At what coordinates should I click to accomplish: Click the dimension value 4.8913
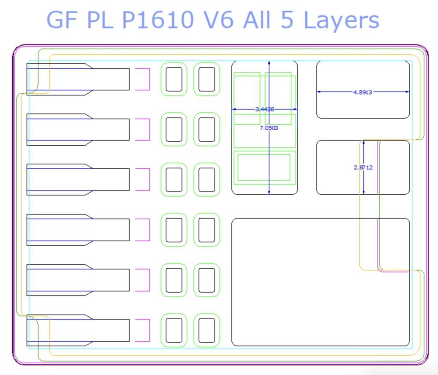(363, 92)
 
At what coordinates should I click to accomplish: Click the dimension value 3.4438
(264, 109)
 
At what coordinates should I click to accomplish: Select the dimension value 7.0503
(269, 128)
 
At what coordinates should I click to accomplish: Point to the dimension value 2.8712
(363, 167)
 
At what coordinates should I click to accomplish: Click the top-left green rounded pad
(174, 79)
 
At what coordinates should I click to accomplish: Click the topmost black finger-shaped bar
(77, 79)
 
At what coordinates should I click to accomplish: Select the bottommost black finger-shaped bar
(77, 330)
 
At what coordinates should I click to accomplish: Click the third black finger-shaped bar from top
(77, 180)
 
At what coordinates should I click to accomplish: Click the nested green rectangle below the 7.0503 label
(264, 167)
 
